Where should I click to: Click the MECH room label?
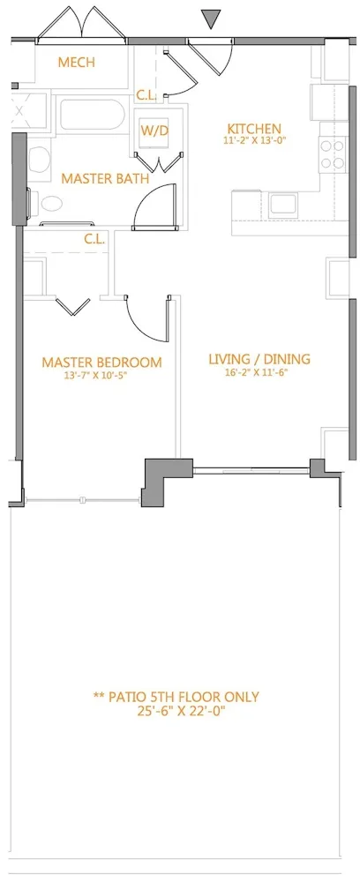pos(76,63)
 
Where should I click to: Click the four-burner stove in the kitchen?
pos(332,154)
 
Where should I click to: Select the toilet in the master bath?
pos(40,161)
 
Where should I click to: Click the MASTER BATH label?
pos(104,178)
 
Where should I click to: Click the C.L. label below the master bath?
pos(95,238)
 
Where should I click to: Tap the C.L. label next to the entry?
pos(147,96)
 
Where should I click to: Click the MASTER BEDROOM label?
pos(101,362)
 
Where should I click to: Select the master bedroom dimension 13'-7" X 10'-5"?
pos(101,375)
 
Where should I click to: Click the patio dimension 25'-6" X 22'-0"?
pos(176,711)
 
